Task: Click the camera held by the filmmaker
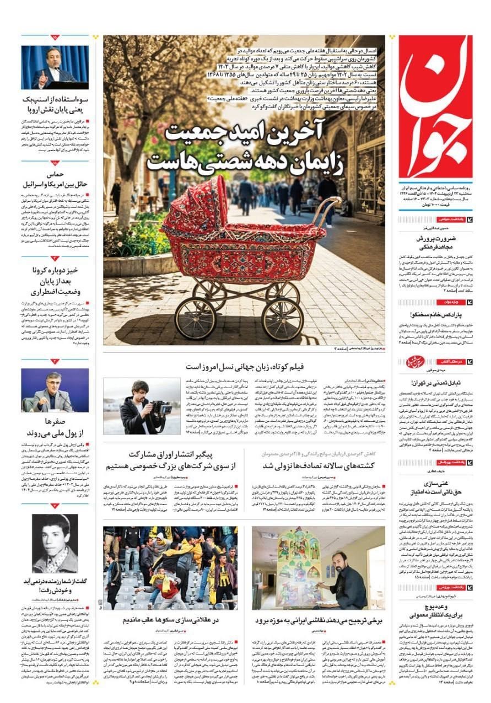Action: [160, 408]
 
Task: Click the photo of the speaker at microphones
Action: [55, 67]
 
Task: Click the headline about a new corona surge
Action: [55, 281]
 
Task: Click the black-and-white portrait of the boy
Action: [55, 543]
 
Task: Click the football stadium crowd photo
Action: [170, 567]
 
